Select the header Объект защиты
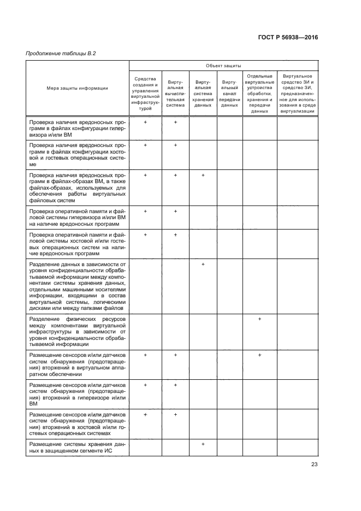point(223,65)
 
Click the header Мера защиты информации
point(76,87)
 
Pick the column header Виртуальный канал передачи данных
point(230,93)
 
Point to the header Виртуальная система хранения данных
point(203,93)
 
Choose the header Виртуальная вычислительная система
point(175,93)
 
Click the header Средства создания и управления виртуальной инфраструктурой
point(145,93)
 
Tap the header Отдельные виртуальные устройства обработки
point(260,93)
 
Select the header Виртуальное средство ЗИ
point(298,93)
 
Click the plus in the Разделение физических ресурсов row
point(260,319)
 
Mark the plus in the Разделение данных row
point(203,265)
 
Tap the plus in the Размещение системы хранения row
point(203,444)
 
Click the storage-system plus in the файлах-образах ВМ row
point(203,175)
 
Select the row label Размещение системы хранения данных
point(76,448)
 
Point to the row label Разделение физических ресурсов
point(76,331)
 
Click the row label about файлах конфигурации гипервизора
point(76,128)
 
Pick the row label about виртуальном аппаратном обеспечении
point(76,364)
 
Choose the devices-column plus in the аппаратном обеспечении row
point(260,355)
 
